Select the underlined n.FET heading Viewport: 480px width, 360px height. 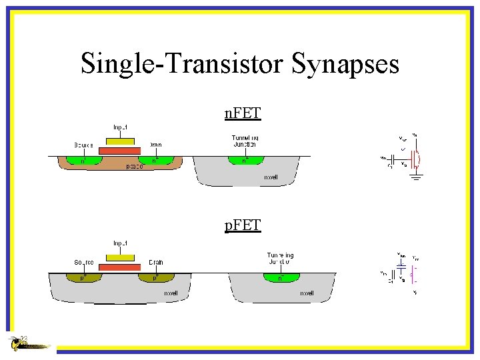pos(243,114)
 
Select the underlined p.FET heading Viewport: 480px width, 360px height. pos(243,226)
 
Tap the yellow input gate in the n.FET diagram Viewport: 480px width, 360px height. pos(120,141)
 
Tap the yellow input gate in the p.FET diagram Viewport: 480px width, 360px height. pos(120,257)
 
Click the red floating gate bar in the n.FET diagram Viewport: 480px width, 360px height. pos(120,151)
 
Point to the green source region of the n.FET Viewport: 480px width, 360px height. pos(83,161)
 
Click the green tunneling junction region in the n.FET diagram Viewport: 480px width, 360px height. pos(245,161)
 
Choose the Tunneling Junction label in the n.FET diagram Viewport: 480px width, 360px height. pos(244,141)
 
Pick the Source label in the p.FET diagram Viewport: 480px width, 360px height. pos(84,263)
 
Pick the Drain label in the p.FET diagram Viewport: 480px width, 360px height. pos(156,263)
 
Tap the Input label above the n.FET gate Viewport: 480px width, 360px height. pos(120,127)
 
